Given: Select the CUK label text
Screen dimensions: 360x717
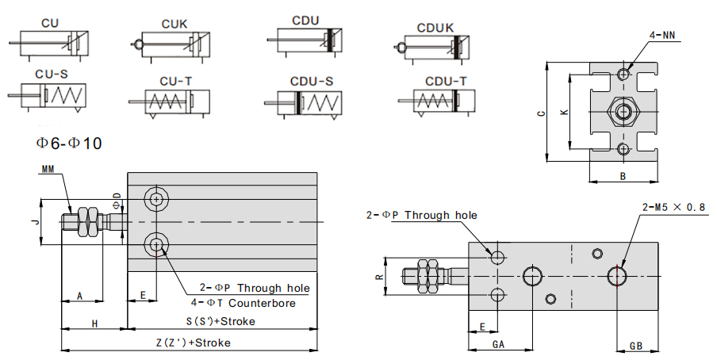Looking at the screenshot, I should (x=174, y=24).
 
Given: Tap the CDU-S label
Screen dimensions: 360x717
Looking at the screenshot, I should (x=311, y=81).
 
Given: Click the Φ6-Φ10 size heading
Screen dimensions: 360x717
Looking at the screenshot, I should (x=69, y=143).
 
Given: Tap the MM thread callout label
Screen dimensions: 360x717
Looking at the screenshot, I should (x=49, y=168).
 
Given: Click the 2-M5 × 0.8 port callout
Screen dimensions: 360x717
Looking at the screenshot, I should (x=673, y=207).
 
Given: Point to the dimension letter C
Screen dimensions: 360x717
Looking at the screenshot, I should (x=540, y=113).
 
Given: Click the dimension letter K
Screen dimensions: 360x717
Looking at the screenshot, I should (x=564, y=113).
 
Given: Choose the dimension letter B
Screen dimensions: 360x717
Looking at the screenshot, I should (x=623, y=175).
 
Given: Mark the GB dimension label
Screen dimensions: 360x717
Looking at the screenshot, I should (x=636, y=345).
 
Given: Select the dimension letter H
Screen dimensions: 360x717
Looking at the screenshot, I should (x=94, y=323).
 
